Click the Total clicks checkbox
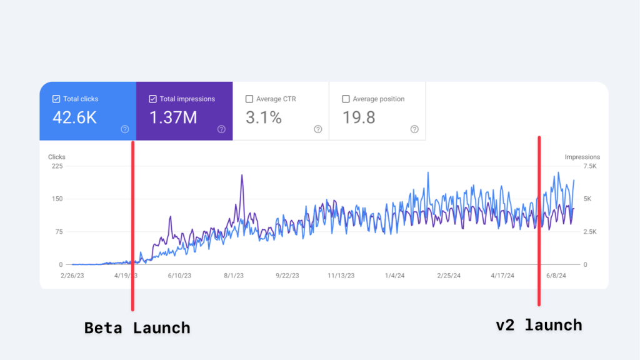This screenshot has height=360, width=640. coord(56,99)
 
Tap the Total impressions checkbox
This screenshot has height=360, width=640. coord(153,99)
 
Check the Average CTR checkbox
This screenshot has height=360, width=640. coord(250,99)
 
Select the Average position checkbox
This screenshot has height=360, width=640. coord(346,99)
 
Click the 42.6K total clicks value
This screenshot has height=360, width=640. coord(74,117)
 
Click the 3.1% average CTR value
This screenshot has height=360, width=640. coord(264,117)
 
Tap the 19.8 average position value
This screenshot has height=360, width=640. coord(359,117)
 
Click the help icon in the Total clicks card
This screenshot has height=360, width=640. coord(125,129)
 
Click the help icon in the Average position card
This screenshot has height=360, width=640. coord(414,129)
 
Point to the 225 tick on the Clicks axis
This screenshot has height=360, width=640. coord(57,166)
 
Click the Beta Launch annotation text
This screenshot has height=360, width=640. coord(137,327)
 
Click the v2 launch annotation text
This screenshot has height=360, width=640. coord(539,325)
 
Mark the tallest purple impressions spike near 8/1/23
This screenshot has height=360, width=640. coord(242,176)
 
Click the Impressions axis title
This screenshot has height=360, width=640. coord(582,157)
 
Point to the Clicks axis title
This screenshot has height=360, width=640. coord(57,157)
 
